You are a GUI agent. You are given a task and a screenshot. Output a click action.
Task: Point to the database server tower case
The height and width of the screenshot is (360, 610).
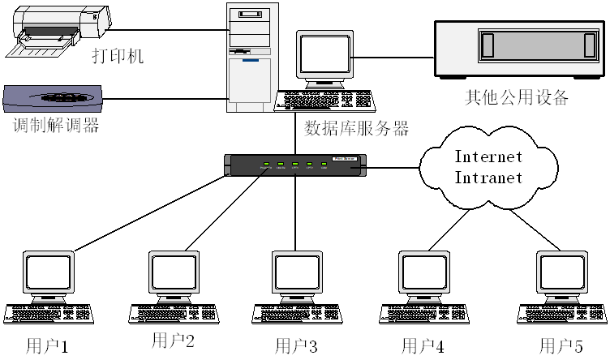tap(252, 57)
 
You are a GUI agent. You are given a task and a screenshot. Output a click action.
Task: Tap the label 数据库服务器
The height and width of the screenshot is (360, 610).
tap(356, 128)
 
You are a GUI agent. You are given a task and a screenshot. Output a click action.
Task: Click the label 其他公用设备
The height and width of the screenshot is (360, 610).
tap(516, 98)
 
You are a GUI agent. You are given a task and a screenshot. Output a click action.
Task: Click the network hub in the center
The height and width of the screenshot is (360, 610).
tap(295, 165)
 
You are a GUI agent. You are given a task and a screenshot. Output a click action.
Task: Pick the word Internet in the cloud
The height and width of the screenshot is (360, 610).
tap(488, 156)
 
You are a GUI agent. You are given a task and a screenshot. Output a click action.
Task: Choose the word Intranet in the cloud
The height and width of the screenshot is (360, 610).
tap(488, 177)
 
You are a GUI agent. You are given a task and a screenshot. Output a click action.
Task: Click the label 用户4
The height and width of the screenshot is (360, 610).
tap(423, 346)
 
